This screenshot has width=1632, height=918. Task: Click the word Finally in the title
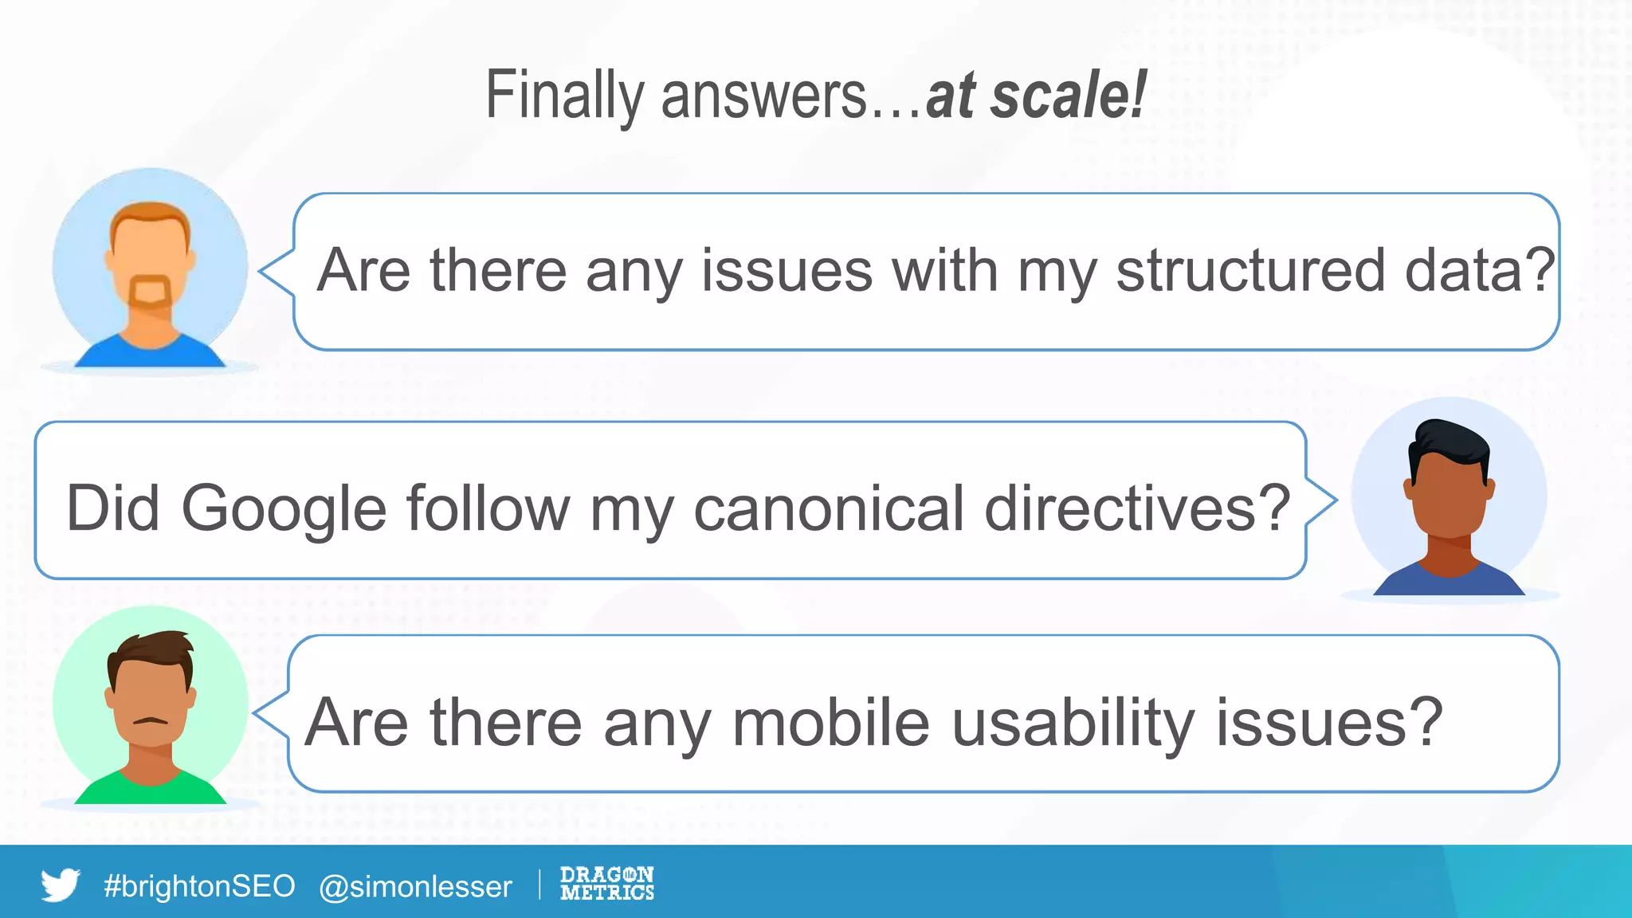(564, 96)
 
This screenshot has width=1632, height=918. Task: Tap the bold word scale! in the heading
(1069, 96)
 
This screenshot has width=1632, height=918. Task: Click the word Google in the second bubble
(284, 508)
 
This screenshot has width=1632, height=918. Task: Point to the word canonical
(829, 508)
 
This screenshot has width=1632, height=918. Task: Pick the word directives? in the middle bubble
(1137, 508)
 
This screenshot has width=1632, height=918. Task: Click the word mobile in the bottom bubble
(830, 722)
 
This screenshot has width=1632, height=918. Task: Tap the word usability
(1073, 722)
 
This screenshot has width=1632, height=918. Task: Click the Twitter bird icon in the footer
(61, 885)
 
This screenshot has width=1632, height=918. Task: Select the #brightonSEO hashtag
(199, 886)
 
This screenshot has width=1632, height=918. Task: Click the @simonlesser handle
(415, 886)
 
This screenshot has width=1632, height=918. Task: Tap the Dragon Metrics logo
(606, 884)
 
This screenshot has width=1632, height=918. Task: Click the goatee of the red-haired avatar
(150, 292)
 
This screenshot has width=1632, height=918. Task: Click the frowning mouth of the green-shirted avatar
(150, 720)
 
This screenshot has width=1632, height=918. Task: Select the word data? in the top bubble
(1479, 270)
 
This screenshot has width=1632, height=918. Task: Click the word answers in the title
(763, 96)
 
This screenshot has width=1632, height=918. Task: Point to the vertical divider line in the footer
(539, 885)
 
